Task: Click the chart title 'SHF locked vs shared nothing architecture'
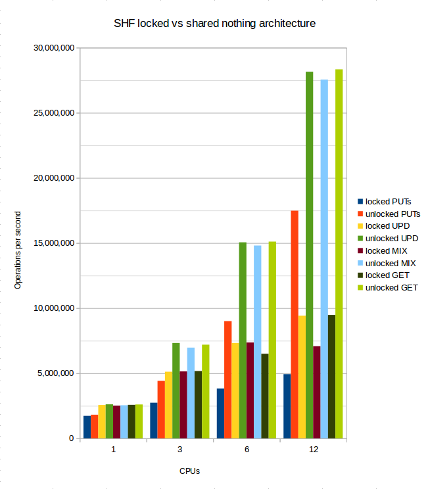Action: click(x=214, y=24)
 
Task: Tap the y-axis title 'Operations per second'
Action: click(x=18, y=250)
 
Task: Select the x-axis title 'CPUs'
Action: click(x=189, y=471)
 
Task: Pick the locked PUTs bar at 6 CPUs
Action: click(x=220, y=413)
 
